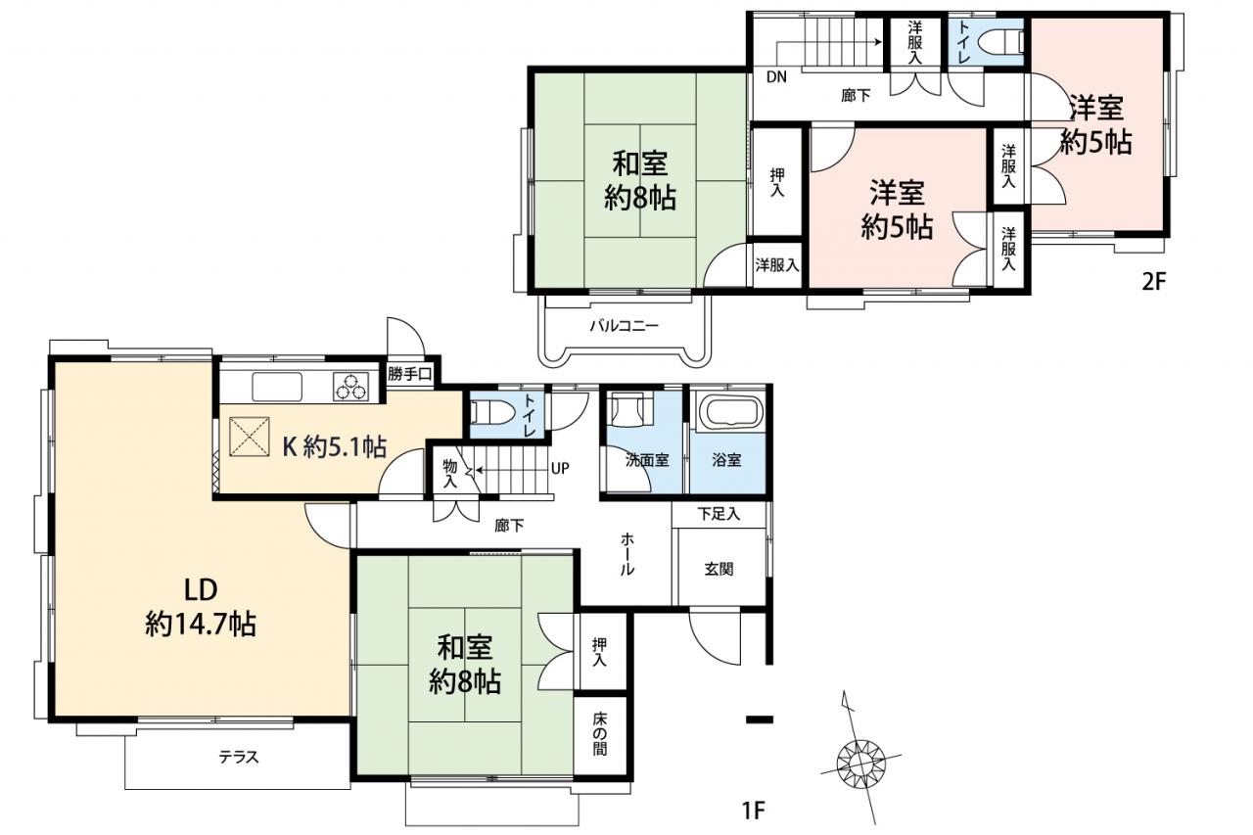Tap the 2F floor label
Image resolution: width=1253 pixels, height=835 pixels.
click(1153, 281)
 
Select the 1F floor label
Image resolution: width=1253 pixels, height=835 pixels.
click(754, 810)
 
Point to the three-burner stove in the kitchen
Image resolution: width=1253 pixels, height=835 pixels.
click(350, 387)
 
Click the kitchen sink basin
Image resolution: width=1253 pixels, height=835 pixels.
click(277, 387)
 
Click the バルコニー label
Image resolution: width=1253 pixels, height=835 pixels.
click(625, 326)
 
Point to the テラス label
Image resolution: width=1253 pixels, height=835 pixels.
click(239, 758)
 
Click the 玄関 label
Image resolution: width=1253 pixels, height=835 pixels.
click(719, 570)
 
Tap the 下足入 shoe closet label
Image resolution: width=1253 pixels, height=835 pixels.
click(719, 514)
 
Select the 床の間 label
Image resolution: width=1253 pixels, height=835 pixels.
click(600, 734)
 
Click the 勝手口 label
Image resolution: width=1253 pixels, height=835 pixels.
click(410, 374)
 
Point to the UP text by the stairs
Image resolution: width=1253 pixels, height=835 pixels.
click(560, 469)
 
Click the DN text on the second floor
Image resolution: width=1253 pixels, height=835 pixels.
click(776, 77)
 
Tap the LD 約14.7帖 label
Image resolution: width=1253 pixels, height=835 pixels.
click(201, 607)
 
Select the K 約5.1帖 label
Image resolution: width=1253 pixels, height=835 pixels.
click(335, 446)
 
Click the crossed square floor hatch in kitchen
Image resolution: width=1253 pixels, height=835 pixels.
click(249, 437)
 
